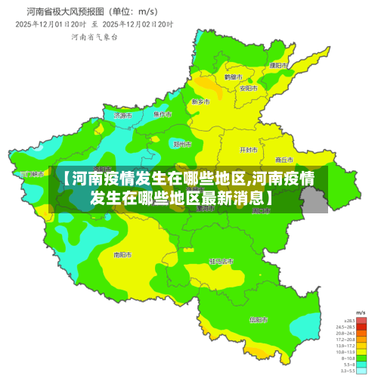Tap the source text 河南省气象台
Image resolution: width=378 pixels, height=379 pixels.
94,37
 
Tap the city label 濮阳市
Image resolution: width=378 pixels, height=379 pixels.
278,66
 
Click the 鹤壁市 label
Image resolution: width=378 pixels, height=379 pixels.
234,77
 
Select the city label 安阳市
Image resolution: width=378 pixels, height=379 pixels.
249,88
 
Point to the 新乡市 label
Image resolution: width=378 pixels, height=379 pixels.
200,101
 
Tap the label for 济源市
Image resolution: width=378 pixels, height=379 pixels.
122,116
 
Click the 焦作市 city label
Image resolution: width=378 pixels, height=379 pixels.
163,114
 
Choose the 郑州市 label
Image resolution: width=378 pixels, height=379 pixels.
182,144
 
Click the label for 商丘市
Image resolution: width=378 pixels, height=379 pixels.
284,160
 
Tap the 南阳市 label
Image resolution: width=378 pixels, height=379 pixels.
122,255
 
